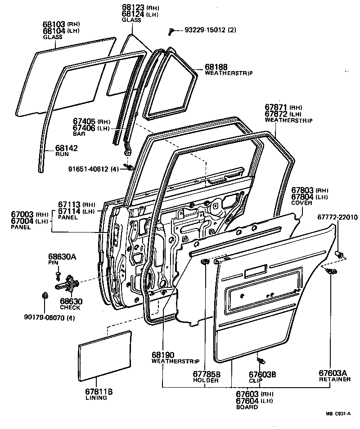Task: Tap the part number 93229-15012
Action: pos(205,30)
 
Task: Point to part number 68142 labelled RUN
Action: pos(67,147)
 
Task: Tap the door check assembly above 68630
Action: pos(68,284)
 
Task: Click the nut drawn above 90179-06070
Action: pos(45,295)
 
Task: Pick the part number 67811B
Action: pos(96,391)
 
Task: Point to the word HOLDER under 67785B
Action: pos(206,380)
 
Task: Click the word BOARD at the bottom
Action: pos(247,407)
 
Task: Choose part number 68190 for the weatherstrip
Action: pos(163,355)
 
